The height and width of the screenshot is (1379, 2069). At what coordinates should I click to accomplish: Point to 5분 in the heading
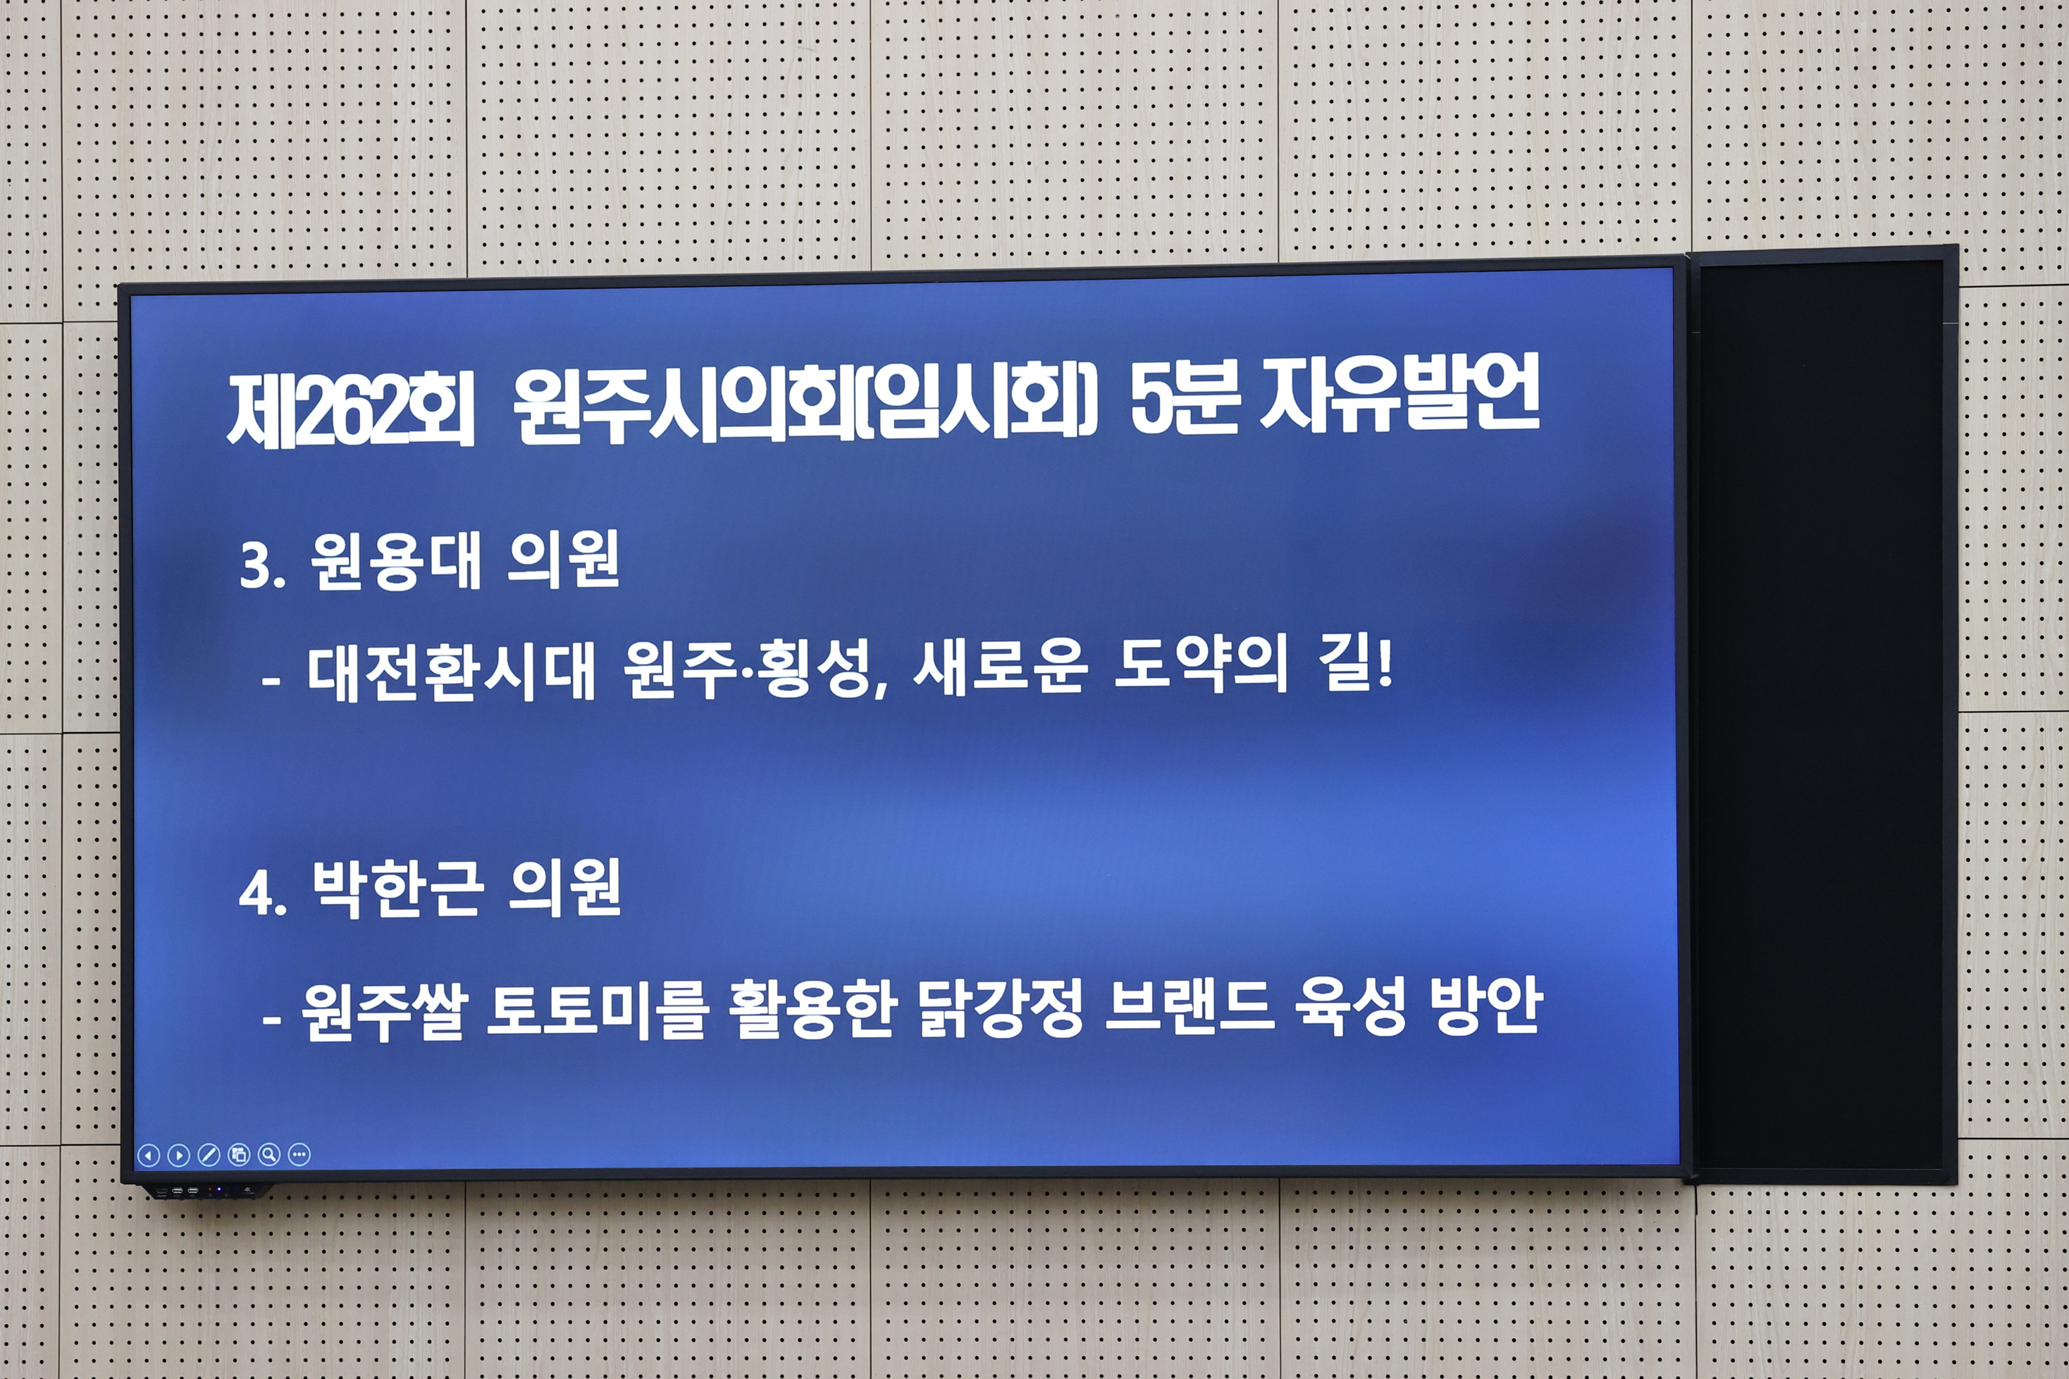[1183, 400]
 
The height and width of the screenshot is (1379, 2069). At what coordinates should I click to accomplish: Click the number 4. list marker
[263, 894]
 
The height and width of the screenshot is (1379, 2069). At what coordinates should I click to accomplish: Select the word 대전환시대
[451, 673]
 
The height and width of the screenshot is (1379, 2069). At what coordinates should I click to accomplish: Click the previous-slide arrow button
[149, 1155]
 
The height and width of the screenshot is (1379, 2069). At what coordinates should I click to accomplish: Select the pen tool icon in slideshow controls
[209, 1155]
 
